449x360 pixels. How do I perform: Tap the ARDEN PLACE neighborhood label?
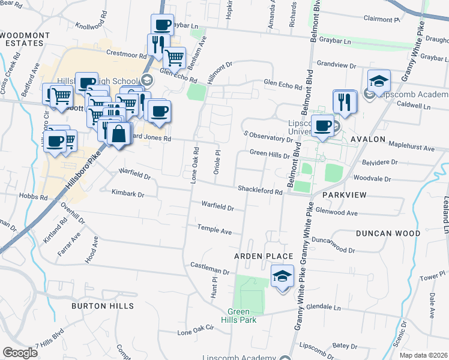(x=259, y=256)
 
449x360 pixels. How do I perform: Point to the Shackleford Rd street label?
(x=260, y=191)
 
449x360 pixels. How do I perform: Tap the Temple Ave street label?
(x=215, y=230)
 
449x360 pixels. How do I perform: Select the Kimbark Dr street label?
(x=128, y=193)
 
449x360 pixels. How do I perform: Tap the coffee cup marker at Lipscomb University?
(x=322, y=127)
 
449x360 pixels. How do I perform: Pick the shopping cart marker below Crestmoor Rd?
(x=174, y=59)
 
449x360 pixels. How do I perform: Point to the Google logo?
(x=20, y=353)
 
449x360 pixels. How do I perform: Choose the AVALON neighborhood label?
(x=367, y=139)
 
